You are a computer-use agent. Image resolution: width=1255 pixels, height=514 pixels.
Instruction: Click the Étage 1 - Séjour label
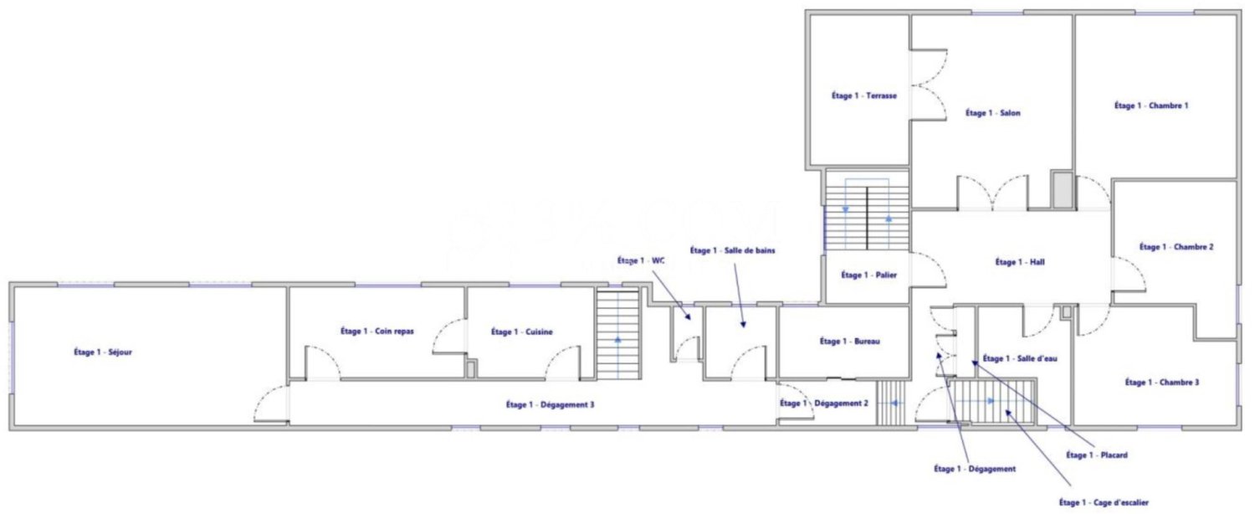coord(103,352)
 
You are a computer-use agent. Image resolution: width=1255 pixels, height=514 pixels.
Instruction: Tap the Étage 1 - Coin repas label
coord(377,332)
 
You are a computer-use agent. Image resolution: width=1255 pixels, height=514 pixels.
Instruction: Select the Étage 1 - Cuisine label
coord(521,332)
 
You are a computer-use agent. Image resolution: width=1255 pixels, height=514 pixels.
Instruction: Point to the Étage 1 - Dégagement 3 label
coord(550,404)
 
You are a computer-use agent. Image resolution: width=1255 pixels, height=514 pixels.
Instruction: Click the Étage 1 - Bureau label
coord(849,342)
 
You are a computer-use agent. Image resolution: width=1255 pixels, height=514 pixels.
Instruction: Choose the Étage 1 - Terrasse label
coord(863,96)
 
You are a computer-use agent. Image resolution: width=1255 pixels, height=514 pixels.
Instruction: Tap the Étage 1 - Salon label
coord(992,113)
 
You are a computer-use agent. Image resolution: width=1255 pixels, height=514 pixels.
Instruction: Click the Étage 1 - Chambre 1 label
coord(1151,105)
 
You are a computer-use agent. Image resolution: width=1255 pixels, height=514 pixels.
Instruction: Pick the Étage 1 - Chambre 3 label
coord(1162,383)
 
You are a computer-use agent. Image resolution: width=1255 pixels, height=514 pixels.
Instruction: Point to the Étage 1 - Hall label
coord(1020,262)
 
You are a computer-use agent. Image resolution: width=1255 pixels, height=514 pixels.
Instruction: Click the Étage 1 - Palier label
coord(868,275)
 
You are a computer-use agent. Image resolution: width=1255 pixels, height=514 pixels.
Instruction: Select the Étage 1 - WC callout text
coord(641,261)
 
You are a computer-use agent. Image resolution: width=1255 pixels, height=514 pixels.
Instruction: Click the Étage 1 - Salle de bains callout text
coord(728,250)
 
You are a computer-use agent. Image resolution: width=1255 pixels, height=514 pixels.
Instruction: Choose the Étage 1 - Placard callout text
coord(1097,455)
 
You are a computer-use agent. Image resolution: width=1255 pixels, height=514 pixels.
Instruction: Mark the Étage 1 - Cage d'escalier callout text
coord(1104,502)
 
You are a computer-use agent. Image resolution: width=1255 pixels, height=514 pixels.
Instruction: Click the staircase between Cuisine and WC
coord(617,333)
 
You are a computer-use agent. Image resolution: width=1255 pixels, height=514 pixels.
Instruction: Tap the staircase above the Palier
coord(867,215)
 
